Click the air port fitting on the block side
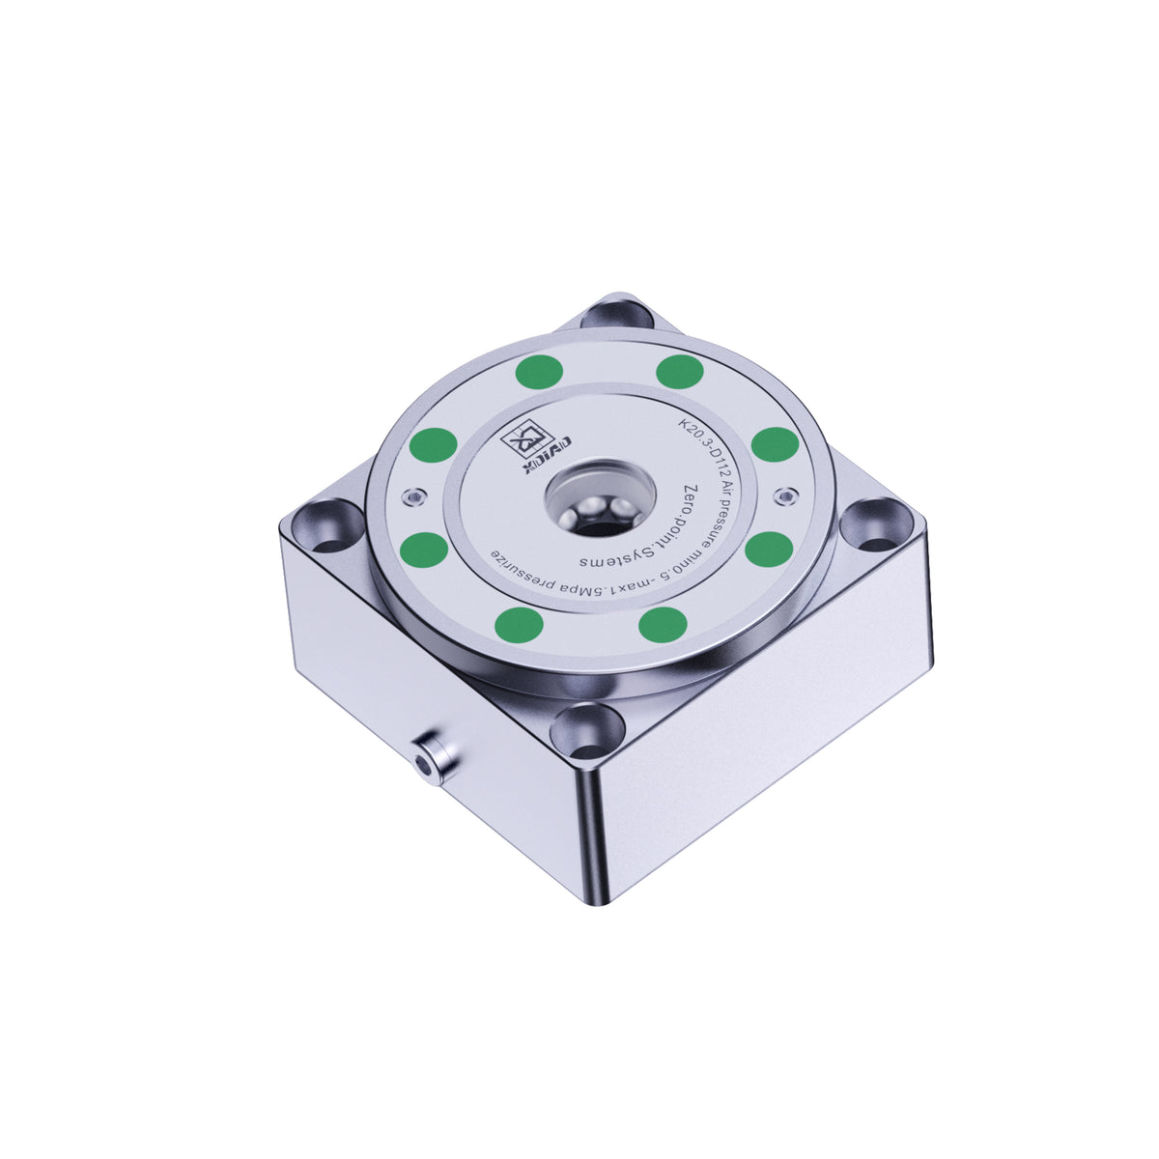(430, 756)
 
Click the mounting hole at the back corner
(617, 314)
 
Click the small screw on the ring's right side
(787, 496)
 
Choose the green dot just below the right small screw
(769, 550)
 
